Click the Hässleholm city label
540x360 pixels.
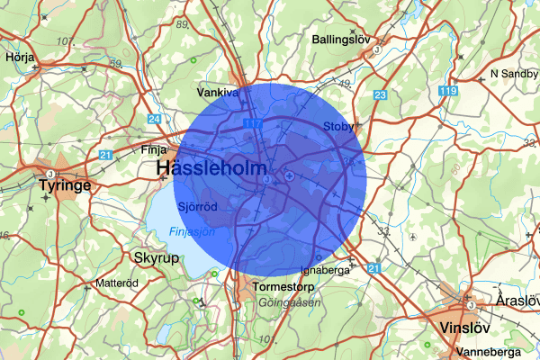tap(211, 168)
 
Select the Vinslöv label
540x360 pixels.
tap(467, 328)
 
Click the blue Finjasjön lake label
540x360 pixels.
tap(192, 232)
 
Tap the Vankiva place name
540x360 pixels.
tap(218, 92)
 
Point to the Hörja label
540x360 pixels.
tap(19, 55)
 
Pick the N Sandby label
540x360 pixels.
tap(512, 73)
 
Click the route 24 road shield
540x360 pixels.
tap(155, 119)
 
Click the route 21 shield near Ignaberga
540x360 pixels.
tap(374, 268)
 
